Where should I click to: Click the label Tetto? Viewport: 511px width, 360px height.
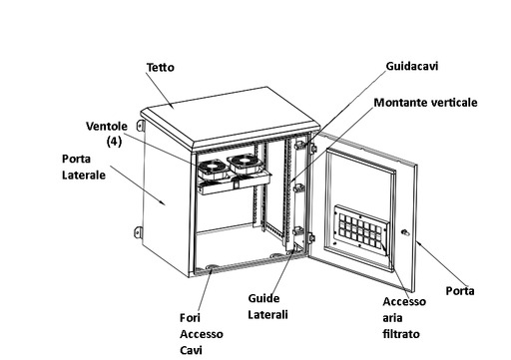(161, 67)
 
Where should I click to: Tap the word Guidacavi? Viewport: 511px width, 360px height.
(412, 66)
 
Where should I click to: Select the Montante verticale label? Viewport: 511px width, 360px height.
(425, 102)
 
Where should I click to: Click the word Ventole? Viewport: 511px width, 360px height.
(107, 126)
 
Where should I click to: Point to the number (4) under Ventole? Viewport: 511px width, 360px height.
(114, 142)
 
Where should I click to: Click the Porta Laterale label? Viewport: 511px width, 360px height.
(84, 167)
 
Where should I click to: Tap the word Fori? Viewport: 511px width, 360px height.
(190, 318)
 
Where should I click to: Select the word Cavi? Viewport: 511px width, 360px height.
(191, 350)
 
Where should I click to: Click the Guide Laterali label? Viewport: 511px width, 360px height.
(267, 306)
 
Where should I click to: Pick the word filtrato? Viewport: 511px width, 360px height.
(401, 334)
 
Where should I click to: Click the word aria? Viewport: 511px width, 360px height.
(392, 318)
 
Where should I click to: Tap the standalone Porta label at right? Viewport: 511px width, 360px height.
(460, 291)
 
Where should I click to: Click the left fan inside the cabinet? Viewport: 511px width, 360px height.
(214, 170)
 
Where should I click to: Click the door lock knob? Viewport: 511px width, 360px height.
(405, 232)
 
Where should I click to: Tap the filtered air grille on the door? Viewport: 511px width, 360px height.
(360, 230)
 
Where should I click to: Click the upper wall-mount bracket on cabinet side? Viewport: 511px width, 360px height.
(140, 126)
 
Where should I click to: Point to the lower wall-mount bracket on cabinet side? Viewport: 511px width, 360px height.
(139, 232)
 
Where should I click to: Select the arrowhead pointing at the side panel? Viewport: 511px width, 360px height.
(162, 202)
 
